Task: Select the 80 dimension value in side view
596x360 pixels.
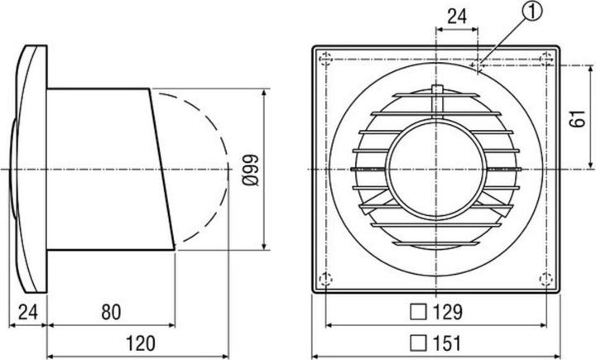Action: coord(111,312)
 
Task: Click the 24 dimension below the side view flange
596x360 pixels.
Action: coord(27,312)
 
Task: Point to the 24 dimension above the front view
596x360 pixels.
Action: coord(455,15)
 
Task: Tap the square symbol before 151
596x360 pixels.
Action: coord(421,342)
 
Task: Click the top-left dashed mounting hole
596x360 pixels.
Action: coord(325,60)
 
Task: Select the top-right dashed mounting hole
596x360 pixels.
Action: coord(545,60)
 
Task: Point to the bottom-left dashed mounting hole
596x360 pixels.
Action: coord(325,277)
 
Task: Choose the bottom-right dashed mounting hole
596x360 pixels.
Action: coord(545,277)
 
